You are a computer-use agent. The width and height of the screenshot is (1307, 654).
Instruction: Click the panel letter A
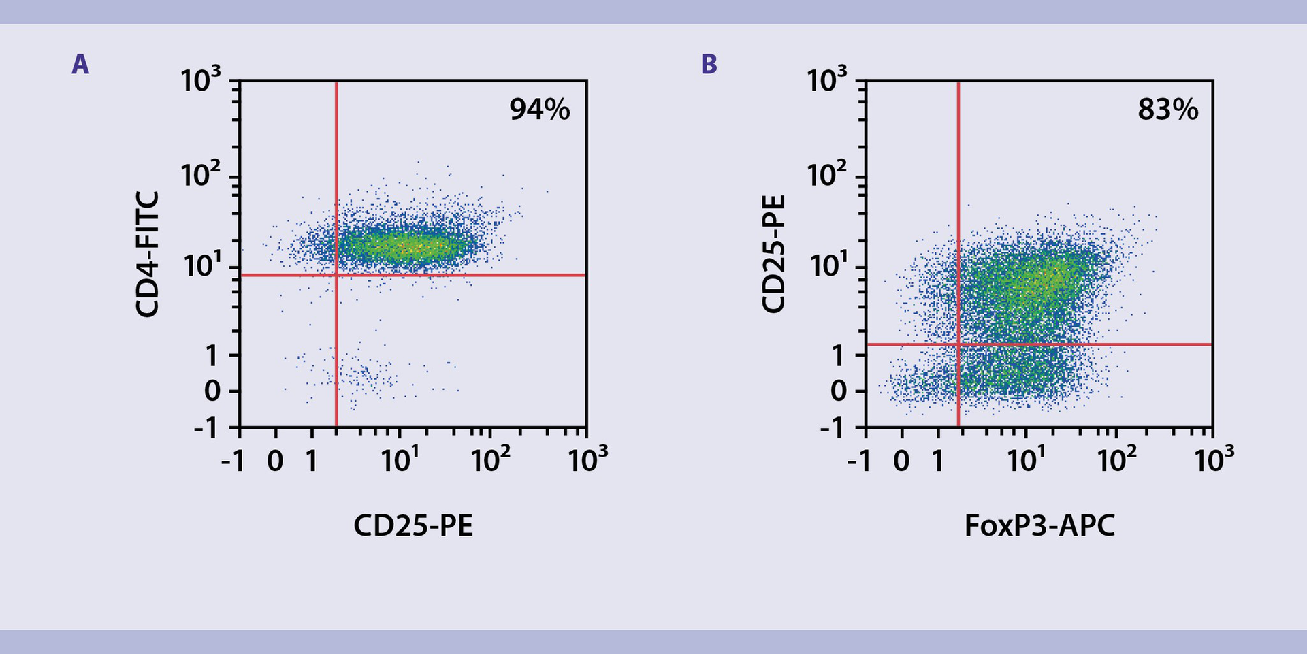click(80, 65)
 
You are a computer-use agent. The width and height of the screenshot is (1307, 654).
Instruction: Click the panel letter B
click(709, 65)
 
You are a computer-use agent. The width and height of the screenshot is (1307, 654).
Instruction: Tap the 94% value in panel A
click(539, 110)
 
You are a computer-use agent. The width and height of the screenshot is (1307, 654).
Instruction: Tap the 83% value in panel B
click(1167, 110)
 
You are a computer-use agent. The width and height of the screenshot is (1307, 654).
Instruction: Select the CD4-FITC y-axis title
click(147, 254)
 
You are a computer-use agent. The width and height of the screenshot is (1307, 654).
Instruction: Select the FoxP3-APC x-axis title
click(1039, 525)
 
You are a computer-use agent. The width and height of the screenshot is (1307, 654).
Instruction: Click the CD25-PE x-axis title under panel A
click(413, 525)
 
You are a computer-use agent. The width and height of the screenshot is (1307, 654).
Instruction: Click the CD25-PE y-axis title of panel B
click(774, 254)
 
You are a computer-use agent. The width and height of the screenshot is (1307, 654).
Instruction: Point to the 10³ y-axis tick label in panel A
click(201, 81)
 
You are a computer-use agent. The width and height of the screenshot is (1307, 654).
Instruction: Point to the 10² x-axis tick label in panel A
click(490, 461)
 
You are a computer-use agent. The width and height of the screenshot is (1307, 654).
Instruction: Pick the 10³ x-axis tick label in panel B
click(1214, 461)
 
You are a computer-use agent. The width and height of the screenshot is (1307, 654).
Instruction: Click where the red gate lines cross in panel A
click(336, 275)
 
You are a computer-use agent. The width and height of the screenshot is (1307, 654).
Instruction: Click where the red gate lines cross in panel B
click(958, 344)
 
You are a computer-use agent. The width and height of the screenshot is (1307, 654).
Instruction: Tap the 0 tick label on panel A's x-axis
click(275, 461)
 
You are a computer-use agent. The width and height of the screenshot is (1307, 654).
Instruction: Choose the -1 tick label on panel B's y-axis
click(834, 429)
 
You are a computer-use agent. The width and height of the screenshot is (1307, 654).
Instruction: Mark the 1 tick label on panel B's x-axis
click(937, 461)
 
